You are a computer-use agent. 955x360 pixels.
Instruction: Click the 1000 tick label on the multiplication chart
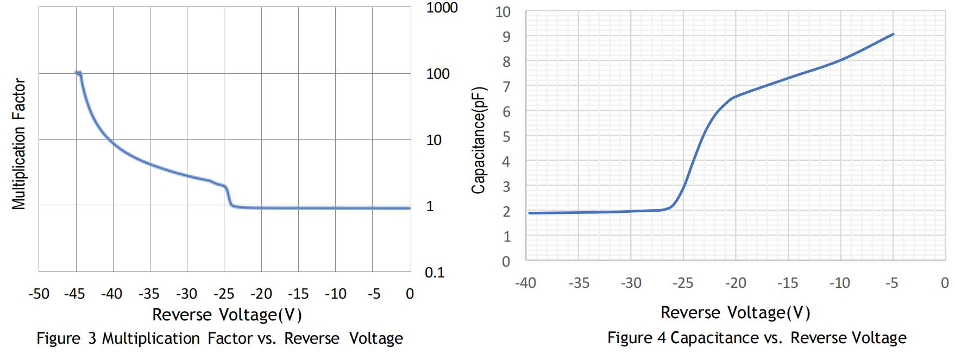pos(442,8)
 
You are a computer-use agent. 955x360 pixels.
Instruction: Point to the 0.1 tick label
pos(435,273)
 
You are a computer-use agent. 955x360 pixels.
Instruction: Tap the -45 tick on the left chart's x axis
pos(74,294)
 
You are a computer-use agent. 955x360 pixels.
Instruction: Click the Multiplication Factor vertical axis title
pos(20,144)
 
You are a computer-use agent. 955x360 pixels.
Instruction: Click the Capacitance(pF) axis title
pos(478,140)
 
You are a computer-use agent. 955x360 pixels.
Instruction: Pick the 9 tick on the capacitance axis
pos(506,36)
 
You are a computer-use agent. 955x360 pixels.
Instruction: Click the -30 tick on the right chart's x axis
pos(630,283)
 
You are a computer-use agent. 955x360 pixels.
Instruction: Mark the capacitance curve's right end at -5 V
pos(893,34)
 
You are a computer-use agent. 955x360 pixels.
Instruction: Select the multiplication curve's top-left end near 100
pos(78,73)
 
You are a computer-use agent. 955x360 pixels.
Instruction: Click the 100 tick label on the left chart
pos(438,74)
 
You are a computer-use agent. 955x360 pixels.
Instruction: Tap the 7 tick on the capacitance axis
pos(506,86)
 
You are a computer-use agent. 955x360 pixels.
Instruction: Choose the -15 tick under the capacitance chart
pos(787,283)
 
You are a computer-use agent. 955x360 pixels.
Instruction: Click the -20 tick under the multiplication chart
pos(261,294)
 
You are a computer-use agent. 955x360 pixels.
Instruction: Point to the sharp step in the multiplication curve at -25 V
pos(228,195)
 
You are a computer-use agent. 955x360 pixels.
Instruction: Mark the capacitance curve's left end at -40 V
pos(530,213)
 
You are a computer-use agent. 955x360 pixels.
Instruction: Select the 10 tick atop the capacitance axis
pos(503,11)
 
